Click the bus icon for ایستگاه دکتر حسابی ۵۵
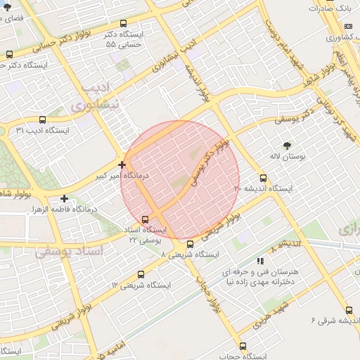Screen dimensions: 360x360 click(124, 23)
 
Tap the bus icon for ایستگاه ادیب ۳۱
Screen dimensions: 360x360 click(43, 120)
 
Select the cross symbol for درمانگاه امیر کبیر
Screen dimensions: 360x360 click(122, 165)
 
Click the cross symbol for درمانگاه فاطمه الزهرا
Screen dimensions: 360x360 click(65, 198)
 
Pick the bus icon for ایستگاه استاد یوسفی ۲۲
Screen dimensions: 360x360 click(146, 219)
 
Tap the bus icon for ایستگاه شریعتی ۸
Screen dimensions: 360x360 click(190, 244)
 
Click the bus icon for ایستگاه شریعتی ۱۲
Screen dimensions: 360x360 click(141, 275)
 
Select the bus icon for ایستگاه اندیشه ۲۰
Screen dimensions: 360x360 click(264, 178)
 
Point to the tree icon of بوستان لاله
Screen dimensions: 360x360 click(287, 146)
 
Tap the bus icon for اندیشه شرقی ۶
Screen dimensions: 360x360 click(349, 310)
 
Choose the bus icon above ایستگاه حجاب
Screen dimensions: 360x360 click(243, 346)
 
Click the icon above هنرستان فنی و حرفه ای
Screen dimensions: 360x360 click(261, 261)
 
